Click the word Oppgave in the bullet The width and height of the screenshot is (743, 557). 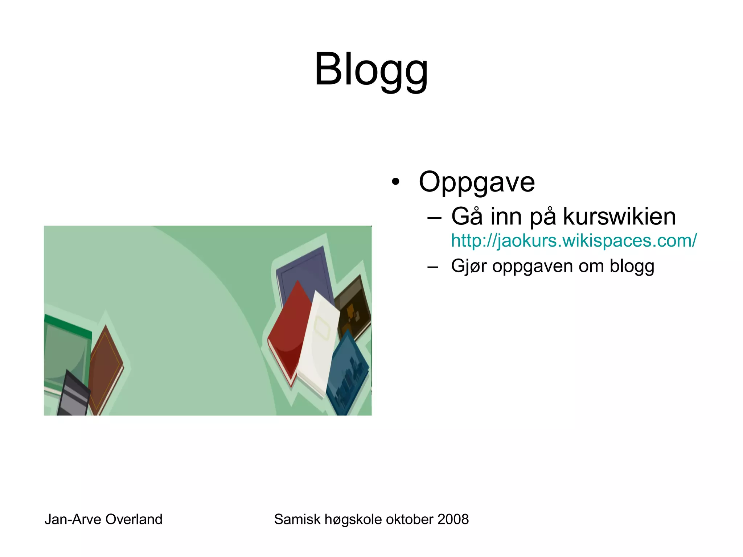click(476, 182)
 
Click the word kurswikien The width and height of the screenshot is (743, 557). click(619, 216)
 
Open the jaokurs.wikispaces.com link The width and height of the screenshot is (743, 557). click(574, 240)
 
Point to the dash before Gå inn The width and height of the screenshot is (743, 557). click(434, 218)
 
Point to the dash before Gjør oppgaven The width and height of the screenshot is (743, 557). click(432, 268)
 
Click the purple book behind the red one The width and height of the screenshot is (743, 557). click(305, 268)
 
